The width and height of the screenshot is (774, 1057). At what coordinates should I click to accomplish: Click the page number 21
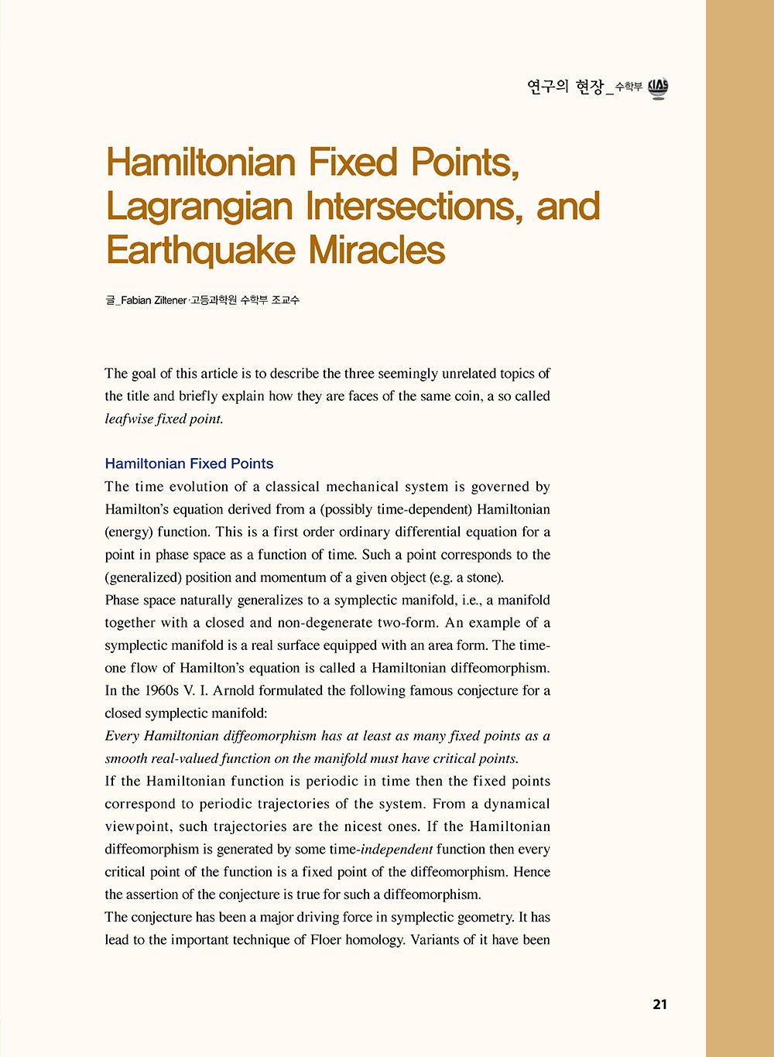659,1004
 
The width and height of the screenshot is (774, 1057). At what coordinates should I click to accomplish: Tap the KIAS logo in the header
658,88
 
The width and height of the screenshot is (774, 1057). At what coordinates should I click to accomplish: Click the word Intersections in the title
414,207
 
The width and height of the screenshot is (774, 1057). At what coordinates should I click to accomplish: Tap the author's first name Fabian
136,300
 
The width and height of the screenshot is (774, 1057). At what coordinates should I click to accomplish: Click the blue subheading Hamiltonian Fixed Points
189,464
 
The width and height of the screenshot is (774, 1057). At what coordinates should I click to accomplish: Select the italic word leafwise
128,419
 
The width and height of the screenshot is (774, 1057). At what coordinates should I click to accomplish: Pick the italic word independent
397,850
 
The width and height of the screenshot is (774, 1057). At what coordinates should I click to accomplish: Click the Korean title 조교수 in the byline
286,300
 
